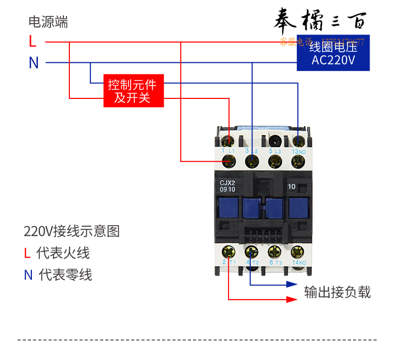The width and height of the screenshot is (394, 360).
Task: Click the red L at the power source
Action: click(x=33, y=41)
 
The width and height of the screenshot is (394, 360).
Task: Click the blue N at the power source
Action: click(x=33, y=62)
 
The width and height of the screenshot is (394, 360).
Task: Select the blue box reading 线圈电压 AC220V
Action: click(x=333, y=53)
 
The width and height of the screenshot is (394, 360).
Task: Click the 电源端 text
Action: click(x=48, y=22)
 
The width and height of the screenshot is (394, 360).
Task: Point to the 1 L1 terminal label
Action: click(x=228, y=150)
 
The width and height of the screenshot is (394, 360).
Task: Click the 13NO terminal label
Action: click(x=299, y=151)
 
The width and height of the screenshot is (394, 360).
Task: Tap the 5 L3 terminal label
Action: click(x=275, y=150)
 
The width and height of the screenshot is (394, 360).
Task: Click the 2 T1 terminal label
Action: click(x=228, y=262)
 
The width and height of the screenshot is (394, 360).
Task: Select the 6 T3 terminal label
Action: click(x=275, y=262)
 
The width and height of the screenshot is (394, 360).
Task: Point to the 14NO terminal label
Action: click(x=299, y=262)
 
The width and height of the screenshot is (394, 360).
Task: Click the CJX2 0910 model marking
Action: click(x=227, y=186)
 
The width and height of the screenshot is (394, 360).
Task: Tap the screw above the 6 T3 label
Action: click(x=273, y=251)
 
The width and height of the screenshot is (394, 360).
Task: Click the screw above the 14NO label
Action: click(x=298, y=251)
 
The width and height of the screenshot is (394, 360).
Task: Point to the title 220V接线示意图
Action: click(x=72, y=231)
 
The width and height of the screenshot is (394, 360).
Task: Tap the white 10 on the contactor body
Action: click(x=292, y=187)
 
